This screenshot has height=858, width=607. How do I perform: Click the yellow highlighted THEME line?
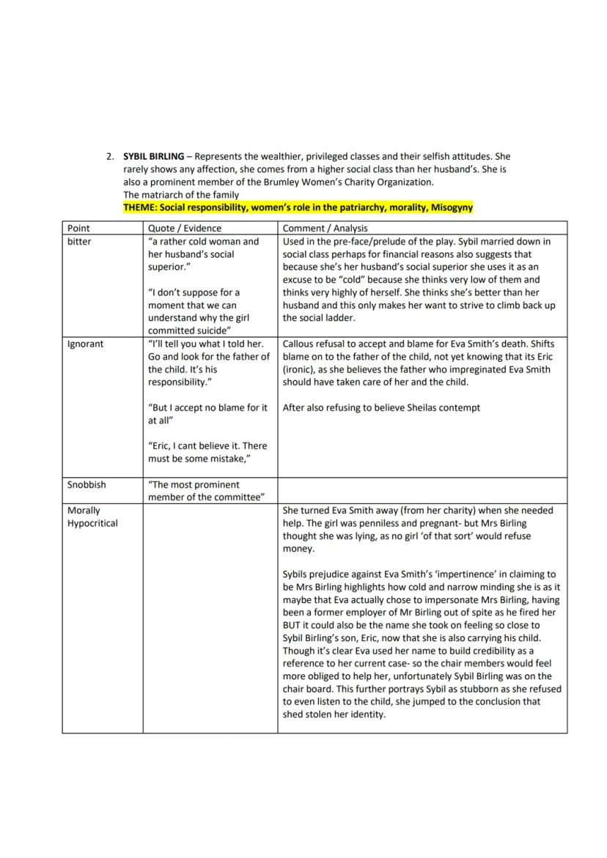click(x=298, y=207)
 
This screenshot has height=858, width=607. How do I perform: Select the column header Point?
click(x=78, y=228)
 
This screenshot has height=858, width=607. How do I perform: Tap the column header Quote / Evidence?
click(x=184, y=228)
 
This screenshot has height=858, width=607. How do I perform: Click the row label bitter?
click(x=79, y=241)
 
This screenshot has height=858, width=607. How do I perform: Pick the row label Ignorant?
click(x=85, y=344)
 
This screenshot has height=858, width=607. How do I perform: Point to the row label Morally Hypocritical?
click(x=92, y=517)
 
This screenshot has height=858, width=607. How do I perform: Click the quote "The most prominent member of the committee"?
click(x=206, y=491)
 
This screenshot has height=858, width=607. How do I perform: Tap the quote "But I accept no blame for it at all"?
click(x=207, y=414)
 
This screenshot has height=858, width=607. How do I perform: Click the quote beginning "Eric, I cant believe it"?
click(x=207, y=452)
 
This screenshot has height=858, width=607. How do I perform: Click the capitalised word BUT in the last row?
click(x=293, y=625)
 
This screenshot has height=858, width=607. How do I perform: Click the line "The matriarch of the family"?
click(x=180, y=195)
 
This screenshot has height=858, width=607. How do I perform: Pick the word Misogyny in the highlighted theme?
click(x=452, y=207)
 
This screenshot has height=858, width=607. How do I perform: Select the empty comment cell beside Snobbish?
click(x=422, y=491)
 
